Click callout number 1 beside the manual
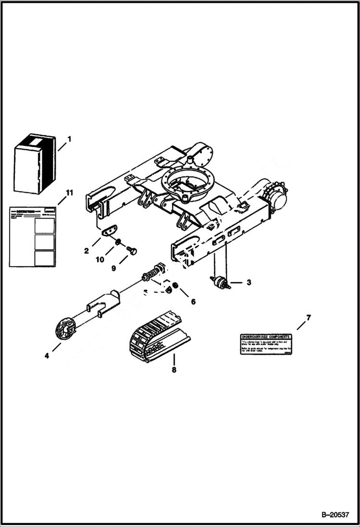click(x=69, y=139)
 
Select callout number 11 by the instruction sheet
click(x=69, y=193)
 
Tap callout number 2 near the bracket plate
click(x=87, y=251)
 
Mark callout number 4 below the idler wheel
click(x=47, y=355)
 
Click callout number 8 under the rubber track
click(x=174, y=370)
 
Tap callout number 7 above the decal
click(x=309, y=318)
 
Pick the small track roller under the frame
click(x=221, y=282)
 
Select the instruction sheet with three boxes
click(x=33, y=236)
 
